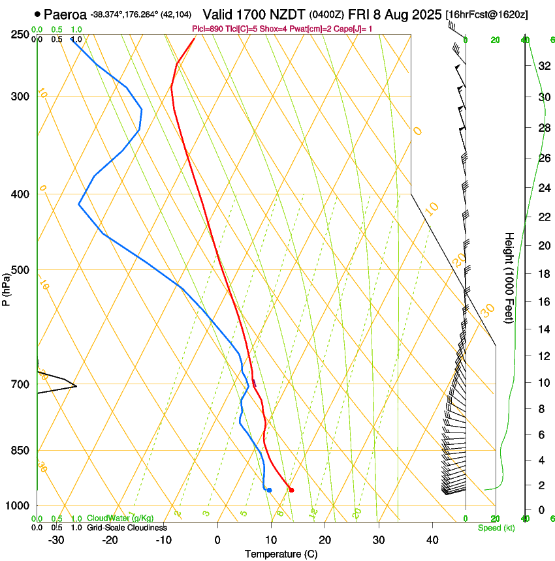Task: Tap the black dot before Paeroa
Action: coord(37,14)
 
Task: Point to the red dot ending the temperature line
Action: coord(291,490)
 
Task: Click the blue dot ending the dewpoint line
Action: coord(269,490)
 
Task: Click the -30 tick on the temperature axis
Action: coord(56,539)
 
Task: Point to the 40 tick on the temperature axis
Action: coord(432,539)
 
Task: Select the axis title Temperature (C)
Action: coord(281,554)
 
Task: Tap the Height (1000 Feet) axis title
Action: coord(510,277)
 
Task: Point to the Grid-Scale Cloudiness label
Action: coord(127,528)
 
